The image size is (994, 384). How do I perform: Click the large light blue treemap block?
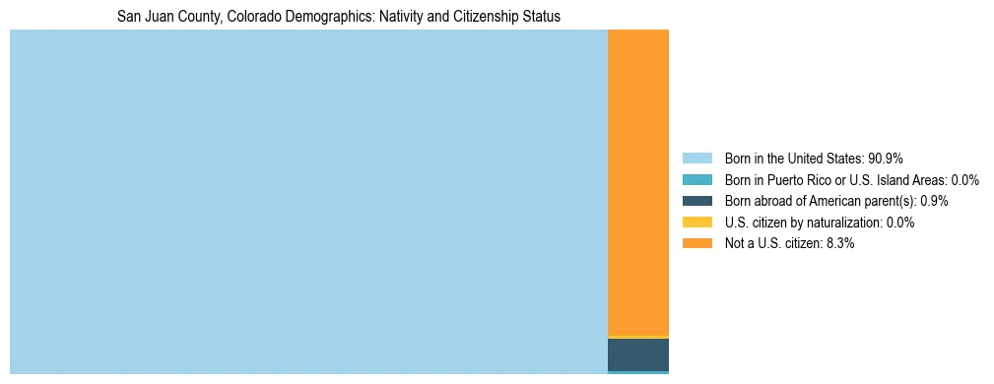click(308, 202)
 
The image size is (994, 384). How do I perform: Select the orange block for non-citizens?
click(637, 183)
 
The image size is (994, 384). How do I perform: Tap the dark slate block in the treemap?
click(637, 354)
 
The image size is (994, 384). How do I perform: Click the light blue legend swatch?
click(696, 159)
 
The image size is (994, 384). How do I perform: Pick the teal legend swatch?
click(696, 180)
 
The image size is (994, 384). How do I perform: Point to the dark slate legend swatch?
click(696, 201)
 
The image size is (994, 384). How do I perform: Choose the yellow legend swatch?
click(696, 223)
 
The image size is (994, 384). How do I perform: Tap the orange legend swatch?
click(696, 243)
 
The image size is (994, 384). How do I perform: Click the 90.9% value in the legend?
click(886, 159)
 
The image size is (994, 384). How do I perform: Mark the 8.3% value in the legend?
click(838, 243)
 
